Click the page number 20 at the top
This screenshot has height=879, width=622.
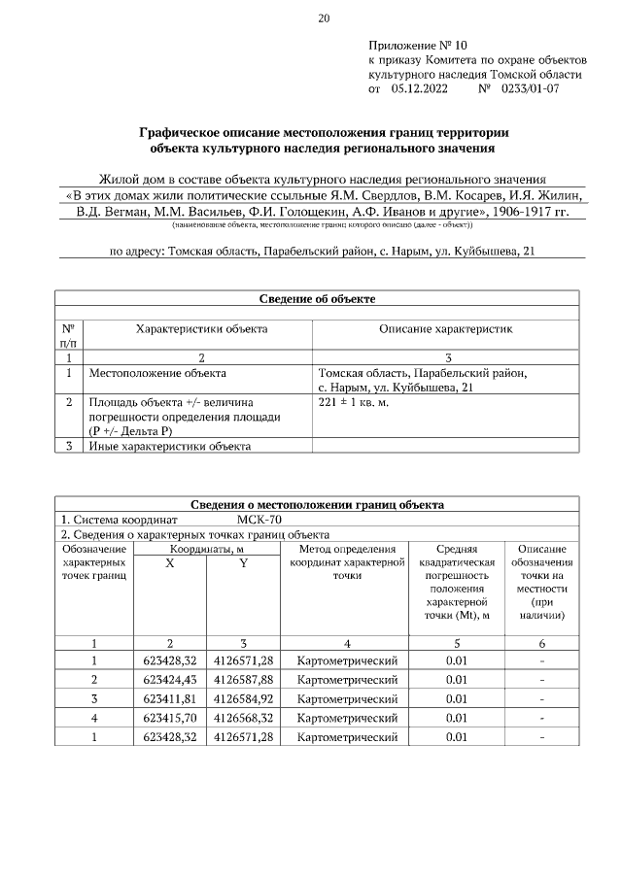tap(324, 17)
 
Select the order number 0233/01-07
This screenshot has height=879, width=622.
tap(530, 88)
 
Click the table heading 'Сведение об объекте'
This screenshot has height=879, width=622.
tap(317, 298)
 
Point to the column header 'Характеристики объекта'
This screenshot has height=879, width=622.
tap(201, 329)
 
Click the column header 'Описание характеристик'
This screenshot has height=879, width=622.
tap(445, 329)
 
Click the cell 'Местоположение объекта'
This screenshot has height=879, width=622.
tap(157, 372)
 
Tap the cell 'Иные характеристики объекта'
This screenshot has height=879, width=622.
tap(170, 446)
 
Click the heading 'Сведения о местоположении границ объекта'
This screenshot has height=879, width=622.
tap(317, 505)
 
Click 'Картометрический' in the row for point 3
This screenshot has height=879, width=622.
tap(347, 698)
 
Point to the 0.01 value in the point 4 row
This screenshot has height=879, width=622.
tap(457, 718)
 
